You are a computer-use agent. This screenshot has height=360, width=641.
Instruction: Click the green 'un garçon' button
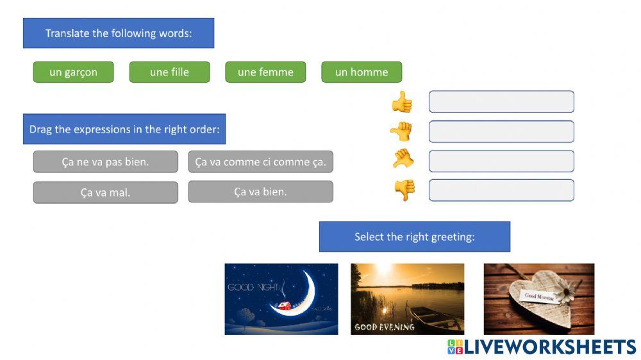tap(73, 72)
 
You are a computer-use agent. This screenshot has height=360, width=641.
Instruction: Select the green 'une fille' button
tap(169, 72)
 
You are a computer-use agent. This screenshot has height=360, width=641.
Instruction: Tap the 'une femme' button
tap(265, 72)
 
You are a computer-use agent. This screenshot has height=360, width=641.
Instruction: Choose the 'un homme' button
tap(362, 72)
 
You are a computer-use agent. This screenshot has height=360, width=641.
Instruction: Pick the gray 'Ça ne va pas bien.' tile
tap(105, 162)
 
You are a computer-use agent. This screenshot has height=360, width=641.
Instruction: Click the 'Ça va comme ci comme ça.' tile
tap(260, 162)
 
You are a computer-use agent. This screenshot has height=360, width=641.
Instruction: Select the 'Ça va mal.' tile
tap(105, 192)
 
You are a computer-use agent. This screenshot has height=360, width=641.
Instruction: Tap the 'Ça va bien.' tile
tap(260, 192)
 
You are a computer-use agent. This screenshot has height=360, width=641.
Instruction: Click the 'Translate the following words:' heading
tap(119, 33)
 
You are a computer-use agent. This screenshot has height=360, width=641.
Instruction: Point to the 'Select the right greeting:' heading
tap(414, 236)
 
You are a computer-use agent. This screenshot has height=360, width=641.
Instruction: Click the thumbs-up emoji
tap(403, 102)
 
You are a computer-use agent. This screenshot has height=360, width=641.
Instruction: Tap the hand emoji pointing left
tap(401, 131)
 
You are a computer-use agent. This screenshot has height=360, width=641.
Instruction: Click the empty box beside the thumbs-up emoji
tap(501, 102)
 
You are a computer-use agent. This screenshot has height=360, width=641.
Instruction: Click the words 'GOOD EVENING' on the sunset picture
tap(385, 327)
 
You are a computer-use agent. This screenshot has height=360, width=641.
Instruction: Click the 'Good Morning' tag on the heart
tap(539, 296)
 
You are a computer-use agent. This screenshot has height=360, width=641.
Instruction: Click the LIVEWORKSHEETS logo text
tap(549, 347)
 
